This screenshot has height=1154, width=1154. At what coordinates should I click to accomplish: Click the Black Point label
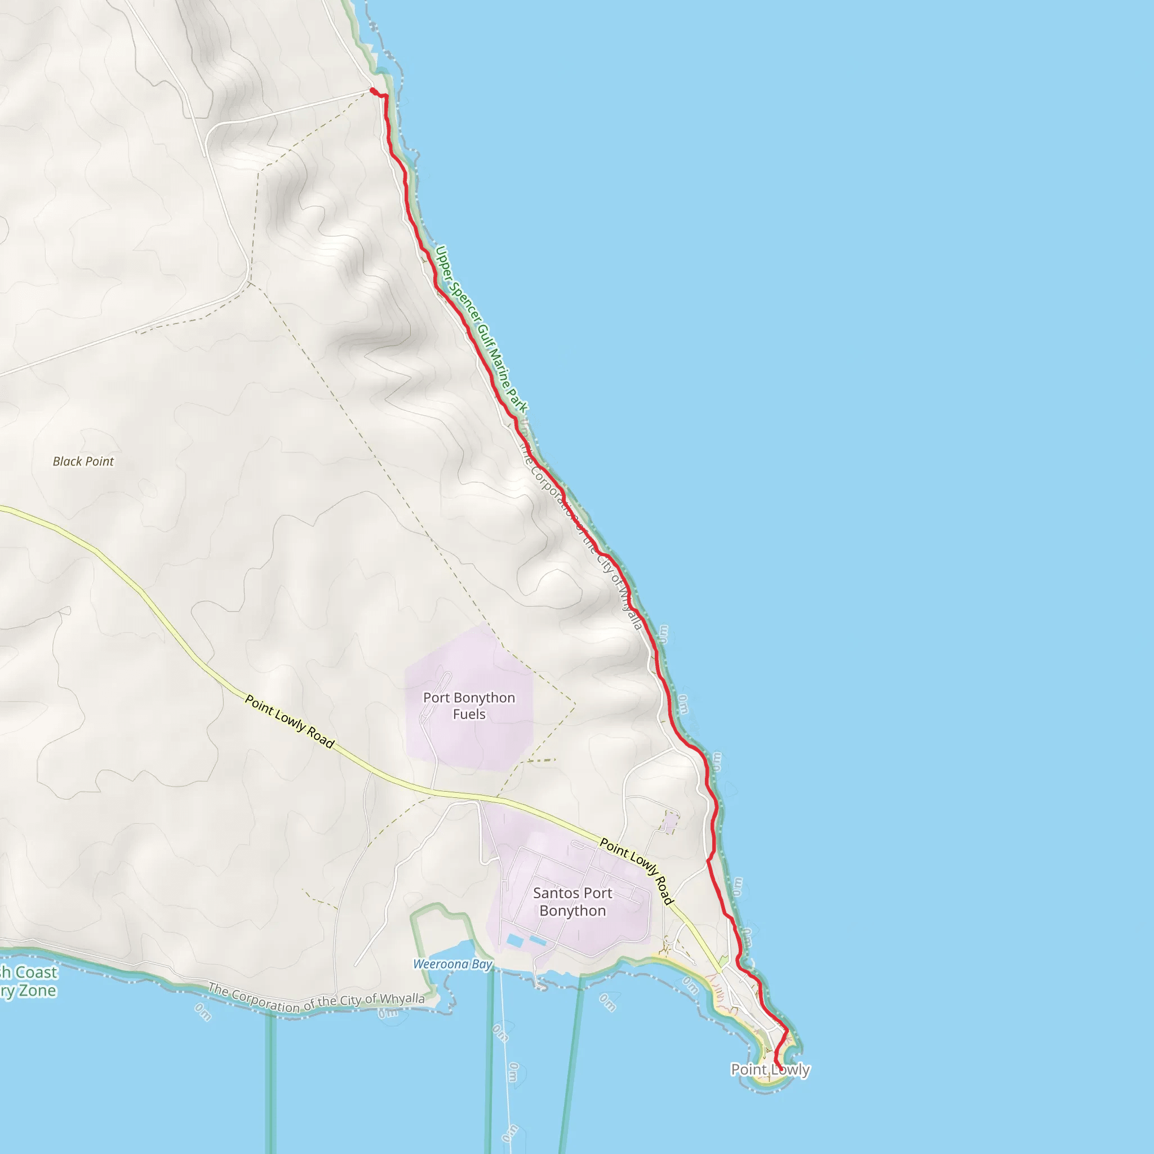pyautogui.click(x=83, y=461)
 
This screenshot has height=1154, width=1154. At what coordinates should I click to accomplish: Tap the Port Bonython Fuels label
pyautogui.click(x=469, y=705)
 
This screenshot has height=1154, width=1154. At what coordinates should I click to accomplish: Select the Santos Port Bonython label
pyautogui.click(x=572, y=902)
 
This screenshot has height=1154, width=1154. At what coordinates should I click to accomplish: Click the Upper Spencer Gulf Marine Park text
pyautogui.click(x=481, y=329)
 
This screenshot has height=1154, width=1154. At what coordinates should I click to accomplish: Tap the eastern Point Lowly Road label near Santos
pyautogui.click(x=637, y=871)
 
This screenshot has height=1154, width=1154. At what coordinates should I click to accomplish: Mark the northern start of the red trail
pyautogui.click(x=372, y=91)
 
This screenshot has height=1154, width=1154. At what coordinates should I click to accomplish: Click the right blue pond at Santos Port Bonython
pyautogui.click(x=538, y=941)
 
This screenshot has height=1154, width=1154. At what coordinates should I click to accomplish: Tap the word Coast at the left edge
pyautogui.click(x=36, y=973)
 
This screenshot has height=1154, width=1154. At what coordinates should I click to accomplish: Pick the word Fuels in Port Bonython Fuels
pyautogui.click(x=469, y=714)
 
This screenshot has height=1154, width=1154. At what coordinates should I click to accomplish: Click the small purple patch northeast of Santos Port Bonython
pyautogui.click(x=669, y=823)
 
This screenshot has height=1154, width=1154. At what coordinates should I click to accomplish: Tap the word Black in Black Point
pyautogui.click(x=66, y=461)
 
